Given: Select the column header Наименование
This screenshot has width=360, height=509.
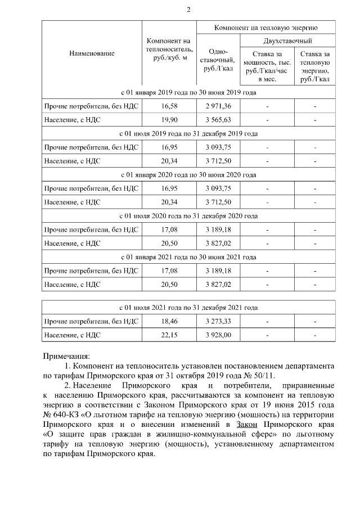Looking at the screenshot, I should tap(92, 53).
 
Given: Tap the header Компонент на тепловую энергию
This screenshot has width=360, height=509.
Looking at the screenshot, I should tap(266, 26).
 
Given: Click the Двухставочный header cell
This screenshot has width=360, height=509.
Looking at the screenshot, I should tap(287, 41).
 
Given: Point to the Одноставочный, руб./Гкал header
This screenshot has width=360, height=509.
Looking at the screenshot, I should tap(218, 60).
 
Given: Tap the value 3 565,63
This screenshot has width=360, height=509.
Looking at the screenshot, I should tap(218, 119).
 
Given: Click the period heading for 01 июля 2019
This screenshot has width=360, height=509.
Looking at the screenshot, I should tap(188, 133).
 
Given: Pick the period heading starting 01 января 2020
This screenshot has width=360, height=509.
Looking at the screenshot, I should tap(188, 174).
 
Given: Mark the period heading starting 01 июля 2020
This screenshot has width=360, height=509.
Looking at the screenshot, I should tap(188, 215).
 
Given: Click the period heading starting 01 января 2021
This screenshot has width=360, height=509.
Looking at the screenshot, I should tap(188, 256).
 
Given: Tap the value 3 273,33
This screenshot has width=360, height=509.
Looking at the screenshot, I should tap(218, 322).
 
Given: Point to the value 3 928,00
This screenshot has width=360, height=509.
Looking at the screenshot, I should tap(218, 336).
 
